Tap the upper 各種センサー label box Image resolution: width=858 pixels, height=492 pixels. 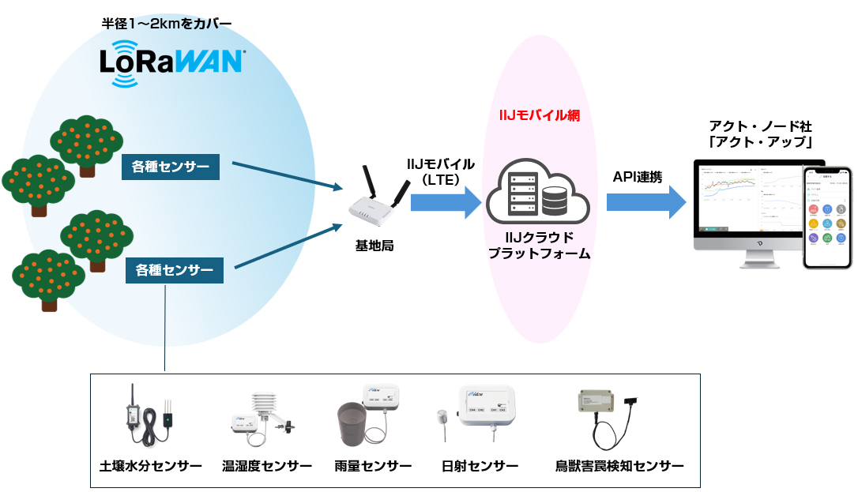(171, 167)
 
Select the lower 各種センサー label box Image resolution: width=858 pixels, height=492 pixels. (174, 270)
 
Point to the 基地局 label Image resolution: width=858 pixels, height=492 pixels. (374, 246)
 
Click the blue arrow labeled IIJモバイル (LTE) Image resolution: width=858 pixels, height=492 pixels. (446, 203)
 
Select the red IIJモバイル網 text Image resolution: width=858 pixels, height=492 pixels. (540, 116)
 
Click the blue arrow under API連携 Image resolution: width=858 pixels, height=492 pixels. (646, 203)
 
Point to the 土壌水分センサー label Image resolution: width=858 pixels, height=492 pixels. (151, 466)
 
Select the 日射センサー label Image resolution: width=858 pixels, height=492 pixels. (480, 466)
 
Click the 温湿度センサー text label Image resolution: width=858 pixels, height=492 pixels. (266, 466)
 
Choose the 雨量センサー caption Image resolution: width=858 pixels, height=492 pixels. (373, 466)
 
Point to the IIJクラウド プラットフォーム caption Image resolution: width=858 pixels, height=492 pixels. (539, 246)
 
